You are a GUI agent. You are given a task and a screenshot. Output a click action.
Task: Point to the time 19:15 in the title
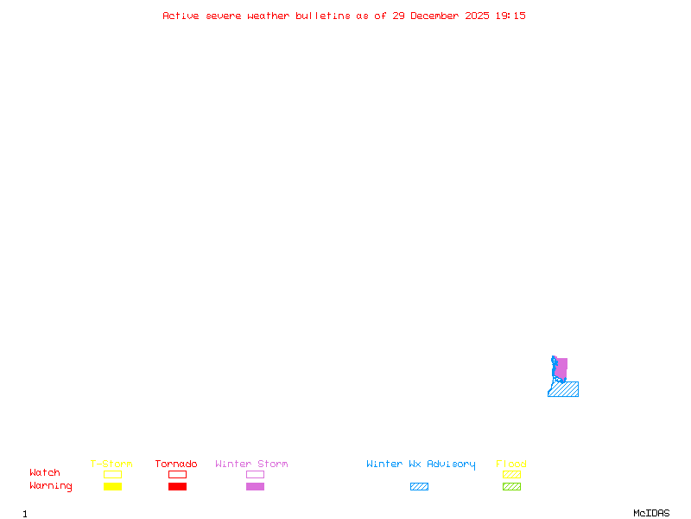click(510, 16)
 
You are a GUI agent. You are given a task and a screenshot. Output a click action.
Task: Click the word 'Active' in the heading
click(181, 16)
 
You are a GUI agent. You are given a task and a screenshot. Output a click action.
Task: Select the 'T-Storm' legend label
click(111, 464)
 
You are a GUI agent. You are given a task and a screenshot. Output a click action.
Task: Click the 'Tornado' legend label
click(176, 464)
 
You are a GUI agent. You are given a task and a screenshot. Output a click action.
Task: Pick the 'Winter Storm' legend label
click(251, 464)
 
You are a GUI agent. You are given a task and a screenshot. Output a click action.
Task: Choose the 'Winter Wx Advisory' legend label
click(421, 464)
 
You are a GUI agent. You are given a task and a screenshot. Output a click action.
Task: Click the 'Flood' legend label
click(511, 464)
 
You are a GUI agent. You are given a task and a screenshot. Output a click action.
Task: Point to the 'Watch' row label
click(45, 473)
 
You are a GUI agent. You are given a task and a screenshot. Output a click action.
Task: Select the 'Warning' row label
click(51, 486)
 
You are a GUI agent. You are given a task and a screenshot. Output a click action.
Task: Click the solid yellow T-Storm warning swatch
click(112, 486)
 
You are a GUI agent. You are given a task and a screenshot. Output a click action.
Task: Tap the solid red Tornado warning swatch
click(177, 486)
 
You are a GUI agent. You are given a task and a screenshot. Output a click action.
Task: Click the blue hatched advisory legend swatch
click(419, 486)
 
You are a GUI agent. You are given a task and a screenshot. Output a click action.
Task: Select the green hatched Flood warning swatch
click(511, 486)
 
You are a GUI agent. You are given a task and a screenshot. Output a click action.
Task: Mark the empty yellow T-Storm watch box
click(112, 474)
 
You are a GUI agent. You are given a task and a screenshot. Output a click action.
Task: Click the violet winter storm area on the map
click(561, 368)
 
